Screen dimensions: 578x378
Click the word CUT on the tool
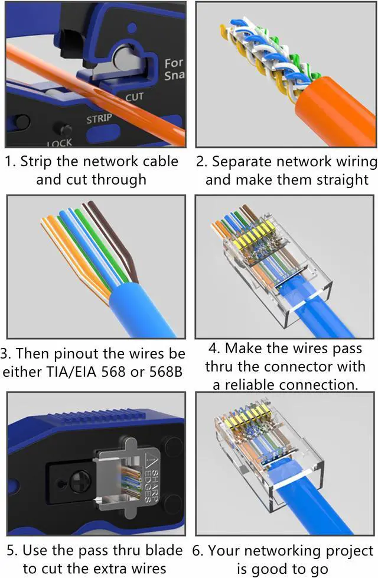(134, 96)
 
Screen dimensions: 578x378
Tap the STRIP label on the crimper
(99, 119)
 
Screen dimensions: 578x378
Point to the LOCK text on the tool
(60, 143)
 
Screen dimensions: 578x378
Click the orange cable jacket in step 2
(331, 115)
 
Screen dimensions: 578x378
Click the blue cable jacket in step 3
(141, 308)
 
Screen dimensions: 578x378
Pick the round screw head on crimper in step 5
(80, 482)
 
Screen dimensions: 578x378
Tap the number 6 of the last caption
(197, 551)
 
